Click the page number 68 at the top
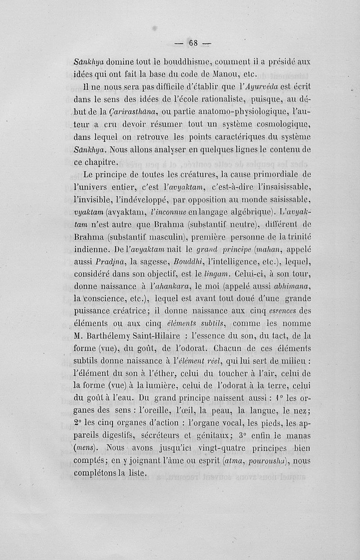(x=194, y=43)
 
